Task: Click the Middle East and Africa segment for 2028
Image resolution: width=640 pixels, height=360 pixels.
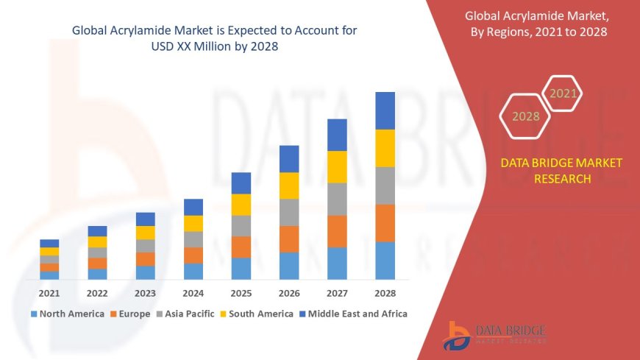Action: pos(385,110)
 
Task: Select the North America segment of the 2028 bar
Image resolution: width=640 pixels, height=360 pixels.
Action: pos(385,261)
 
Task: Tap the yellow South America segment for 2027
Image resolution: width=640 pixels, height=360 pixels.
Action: pos(337,166)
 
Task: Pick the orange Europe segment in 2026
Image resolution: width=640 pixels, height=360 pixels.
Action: pos(289,239)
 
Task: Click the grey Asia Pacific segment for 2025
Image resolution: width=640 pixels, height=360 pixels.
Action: pos(241,225)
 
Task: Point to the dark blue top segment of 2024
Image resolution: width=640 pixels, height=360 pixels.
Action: pos(193,207)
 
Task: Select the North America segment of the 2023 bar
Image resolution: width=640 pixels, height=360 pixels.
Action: pos(146,272)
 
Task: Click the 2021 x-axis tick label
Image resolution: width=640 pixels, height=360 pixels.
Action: pos(49,293)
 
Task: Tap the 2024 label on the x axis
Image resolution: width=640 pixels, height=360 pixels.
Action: pos(193,293)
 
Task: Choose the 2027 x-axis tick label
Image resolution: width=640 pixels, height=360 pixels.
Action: pos(337,293)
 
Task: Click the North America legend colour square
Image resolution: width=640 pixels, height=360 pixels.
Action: pos(34,314)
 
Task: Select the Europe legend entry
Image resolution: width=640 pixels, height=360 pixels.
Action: pos(130,314)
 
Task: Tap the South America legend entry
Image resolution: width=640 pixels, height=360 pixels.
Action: pos(257,314)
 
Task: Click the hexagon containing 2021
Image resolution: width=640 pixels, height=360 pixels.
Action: pos(563,93)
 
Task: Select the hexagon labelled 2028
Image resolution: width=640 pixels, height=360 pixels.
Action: pos(526,116)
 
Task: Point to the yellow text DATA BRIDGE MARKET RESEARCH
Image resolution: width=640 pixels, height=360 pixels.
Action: pos(561,171)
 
